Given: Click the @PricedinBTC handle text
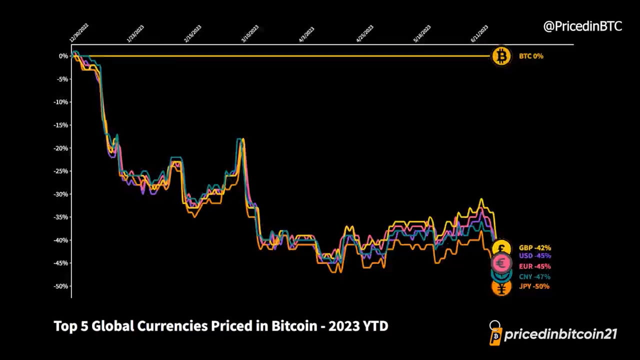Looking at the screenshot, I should pos(582,26).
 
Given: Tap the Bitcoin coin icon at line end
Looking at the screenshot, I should pos(501,56).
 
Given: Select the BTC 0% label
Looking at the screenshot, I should pos(531,56).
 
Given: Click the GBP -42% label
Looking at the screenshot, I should pos(534,248).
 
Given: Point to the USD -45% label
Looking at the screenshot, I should pos(534,256).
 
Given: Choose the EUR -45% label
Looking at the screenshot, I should pos(534,266).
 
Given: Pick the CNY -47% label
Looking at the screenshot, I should pos(534,276).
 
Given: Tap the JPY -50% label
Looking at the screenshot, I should pos(534,286).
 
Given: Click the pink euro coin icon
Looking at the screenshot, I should pos(501,262).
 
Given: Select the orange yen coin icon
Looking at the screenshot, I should pos(501,288).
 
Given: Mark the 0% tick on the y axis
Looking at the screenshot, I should pos(63,56).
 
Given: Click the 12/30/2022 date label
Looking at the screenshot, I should pos(79,33).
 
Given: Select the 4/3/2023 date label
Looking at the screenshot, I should pos(306,34).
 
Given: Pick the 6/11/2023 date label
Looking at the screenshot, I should pos(479,34).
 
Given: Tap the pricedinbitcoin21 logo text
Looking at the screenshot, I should pos(560,334).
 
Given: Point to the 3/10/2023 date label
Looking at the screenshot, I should pos(250,34).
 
